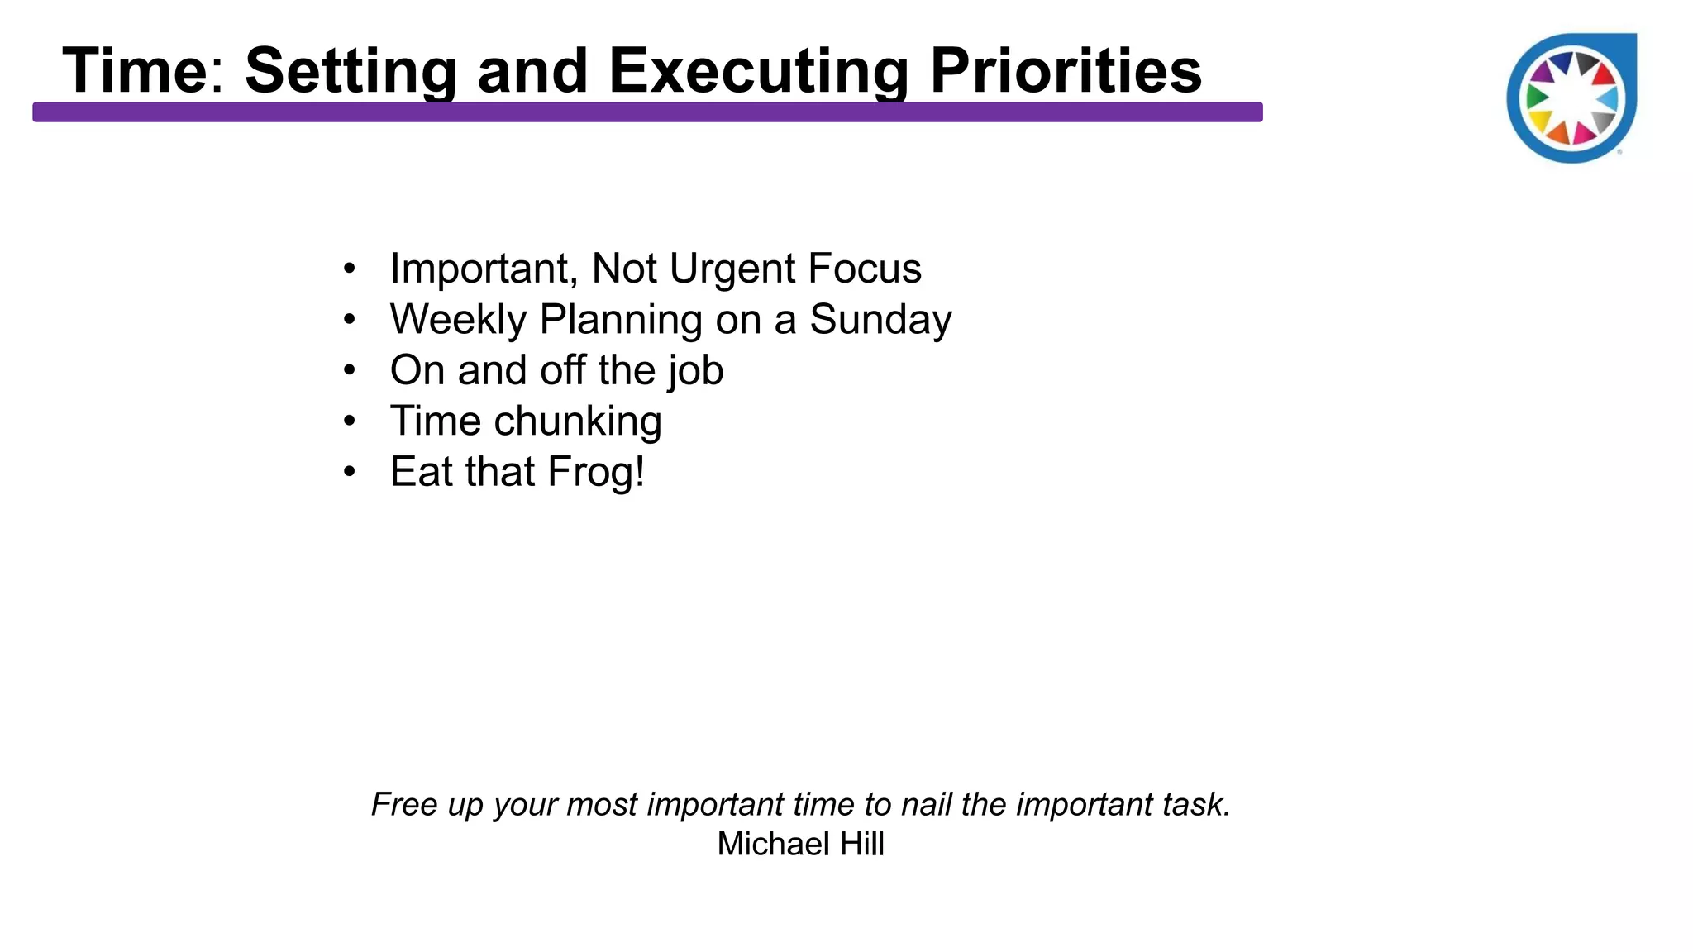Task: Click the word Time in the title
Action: coord(135,71)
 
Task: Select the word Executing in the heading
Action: coord(758,71)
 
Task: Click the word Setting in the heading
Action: coord(351,71)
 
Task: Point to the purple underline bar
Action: coord(646,112)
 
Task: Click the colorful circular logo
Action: coord(1571,98)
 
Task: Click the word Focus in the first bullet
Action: coord(864,269)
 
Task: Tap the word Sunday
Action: coord(880,320)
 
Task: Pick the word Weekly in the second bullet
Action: coord(458,320)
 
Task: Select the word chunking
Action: coord(578,421)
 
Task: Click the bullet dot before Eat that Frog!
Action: coord(350,472)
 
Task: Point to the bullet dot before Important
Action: coord(350,269)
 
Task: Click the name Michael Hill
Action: coord(800,844)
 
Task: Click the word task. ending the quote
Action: coord(1196,804)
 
